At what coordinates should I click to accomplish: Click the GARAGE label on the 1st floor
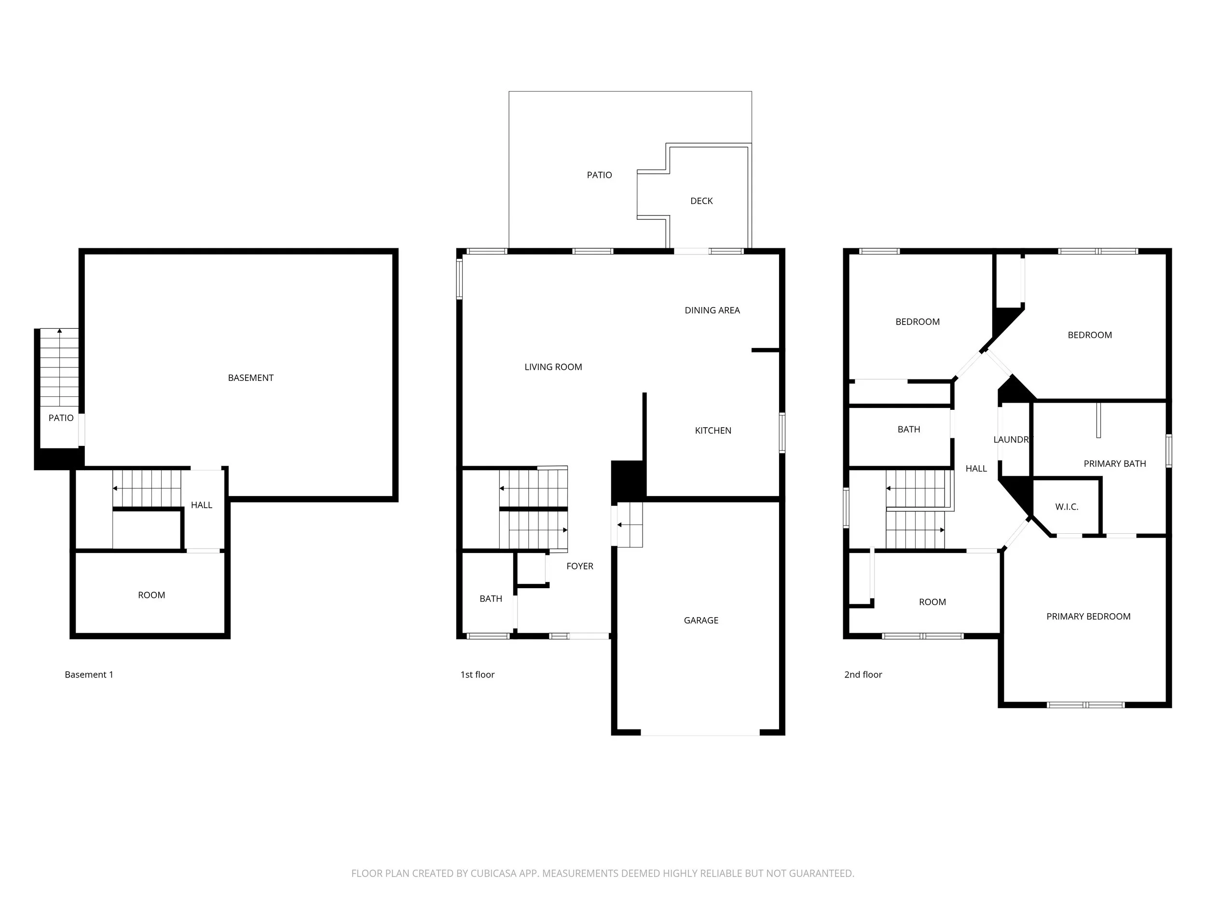tap(700, 620)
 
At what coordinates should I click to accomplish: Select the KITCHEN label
tap(713, 431)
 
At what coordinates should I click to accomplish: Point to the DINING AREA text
tap(712, 310)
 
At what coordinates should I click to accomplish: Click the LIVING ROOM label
tap(553, 367)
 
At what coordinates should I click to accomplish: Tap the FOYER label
tap(579, 566)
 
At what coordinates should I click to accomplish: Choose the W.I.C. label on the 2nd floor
tap(1067, 507)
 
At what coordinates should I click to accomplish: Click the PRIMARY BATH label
tap(1114, 464)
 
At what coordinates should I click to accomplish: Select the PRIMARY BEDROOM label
tap(1088, 616)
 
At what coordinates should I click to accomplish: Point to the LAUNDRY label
tap(1013, 440)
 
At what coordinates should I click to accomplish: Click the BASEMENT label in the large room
tap(250, 378)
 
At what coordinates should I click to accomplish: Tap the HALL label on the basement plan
tap(201, 505)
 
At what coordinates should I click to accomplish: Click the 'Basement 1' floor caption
tap(89, 675)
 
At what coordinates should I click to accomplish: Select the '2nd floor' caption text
tap(863, 675)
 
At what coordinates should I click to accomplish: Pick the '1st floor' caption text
tap(477, 675)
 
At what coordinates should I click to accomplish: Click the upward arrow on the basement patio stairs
tap(59, 331)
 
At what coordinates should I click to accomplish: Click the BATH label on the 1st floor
tap(491, 599)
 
